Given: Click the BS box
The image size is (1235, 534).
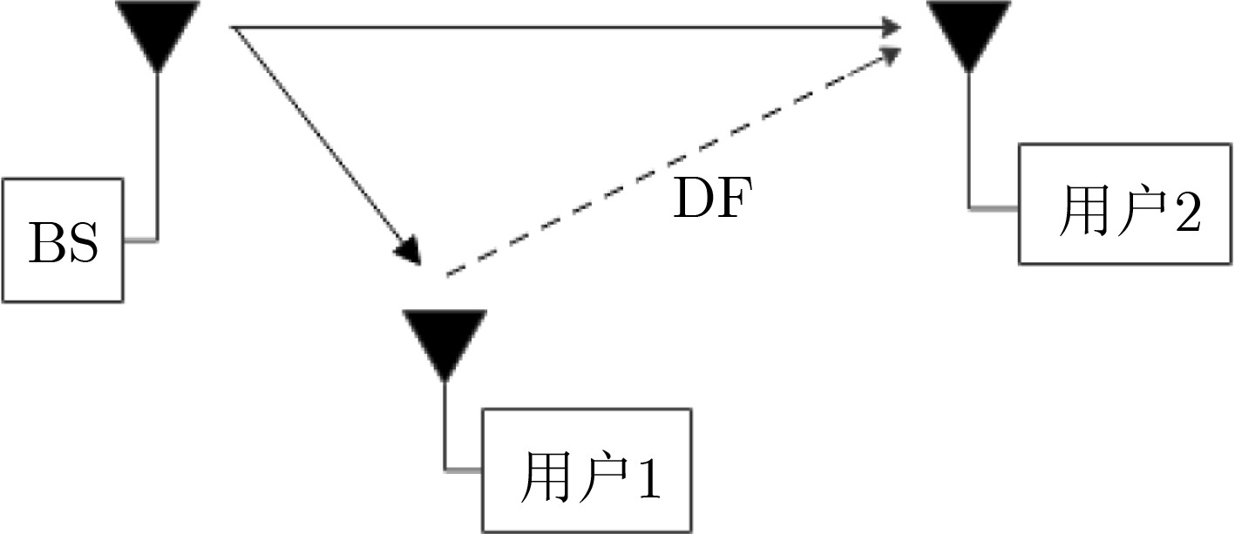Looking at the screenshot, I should (x=62, y=240).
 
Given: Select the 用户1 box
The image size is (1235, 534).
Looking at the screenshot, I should (x=587, y=470).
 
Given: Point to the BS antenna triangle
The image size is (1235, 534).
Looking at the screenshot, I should (x=157, y=33).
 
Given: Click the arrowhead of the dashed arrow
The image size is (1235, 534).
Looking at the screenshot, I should (x=891, y=55).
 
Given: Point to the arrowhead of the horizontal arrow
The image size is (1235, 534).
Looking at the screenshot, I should (x=891, y=28).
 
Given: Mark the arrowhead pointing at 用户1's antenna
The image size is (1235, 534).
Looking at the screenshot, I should (x=408, y=252).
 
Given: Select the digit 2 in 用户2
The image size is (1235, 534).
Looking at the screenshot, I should (x=1186, y=212).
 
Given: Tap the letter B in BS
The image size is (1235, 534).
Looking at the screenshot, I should (x=45, y=243).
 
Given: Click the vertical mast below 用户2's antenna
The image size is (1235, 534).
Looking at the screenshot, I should (x=968, y=139).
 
